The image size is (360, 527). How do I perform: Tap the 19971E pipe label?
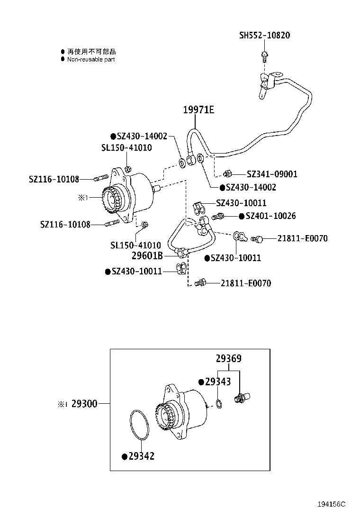(x=198, y=110)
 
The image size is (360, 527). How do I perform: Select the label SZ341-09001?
(x=272, y=174)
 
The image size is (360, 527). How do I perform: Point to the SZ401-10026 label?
(x=270, y=216)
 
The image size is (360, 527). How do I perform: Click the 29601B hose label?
(x=147, y=256)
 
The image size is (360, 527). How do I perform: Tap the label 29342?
(x=141, y=456)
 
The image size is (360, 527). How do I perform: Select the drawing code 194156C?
(x=331, y=504)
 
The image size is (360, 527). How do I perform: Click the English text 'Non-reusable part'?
(x=91, y=60)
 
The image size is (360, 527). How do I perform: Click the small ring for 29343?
(x=218, y=404)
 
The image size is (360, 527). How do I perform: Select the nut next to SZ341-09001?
(x=227, y=173)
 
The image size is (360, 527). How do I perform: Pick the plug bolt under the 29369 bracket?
(x=241, y=398)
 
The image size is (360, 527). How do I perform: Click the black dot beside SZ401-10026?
(x=242, y=216)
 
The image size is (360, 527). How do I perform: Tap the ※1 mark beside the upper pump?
(x=83, y=197)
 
